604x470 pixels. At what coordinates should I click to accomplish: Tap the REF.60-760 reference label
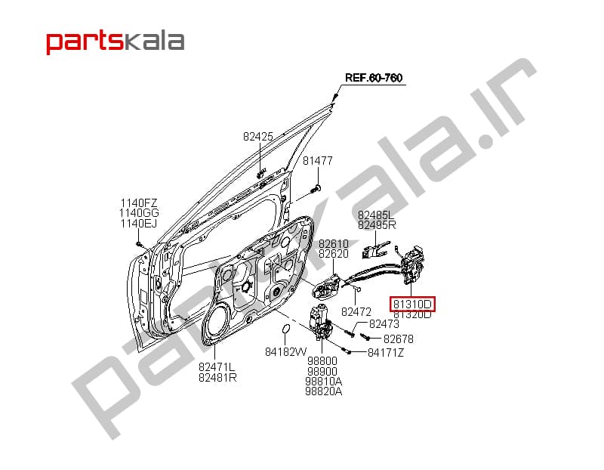[x=374, y=78]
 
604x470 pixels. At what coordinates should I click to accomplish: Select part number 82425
[x=258, y=137]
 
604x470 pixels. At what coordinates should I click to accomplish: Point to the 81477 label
[x=317, y=160]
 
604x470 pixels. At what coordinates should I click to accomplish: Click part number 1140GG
[x=139, y=213]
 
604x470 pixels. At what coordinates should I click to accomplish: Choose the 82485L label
[x=376, y=215]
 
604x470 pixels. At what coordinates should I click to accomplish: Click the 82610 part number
[x=334, y=243]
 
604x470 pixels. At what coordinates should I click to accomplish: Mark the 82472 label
[x=356, y=311]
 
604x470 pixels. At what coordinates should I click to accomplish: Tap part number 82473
[x=384, y=323]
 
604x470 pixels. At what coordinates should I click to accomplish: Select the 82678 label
[x=399, y=339]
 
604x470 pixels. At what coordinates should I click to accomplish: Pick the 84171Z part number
[x=386, y=352]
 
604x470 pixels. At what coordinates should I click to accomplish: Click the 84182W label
[x=286, y=351]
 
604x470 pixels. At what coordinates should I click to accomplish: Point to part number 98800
[x=322, y=361]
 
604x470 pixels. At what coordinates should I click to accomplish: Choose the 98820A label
[x=324, y=391]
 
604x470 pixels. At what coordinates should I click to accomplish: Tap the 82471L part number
[x=217, y=366]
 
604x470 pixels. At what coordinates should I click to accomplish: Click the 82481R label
[x=217, y=377]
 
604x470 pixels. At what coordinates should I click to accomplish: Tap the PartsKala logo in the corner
[x=116, y=42]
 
